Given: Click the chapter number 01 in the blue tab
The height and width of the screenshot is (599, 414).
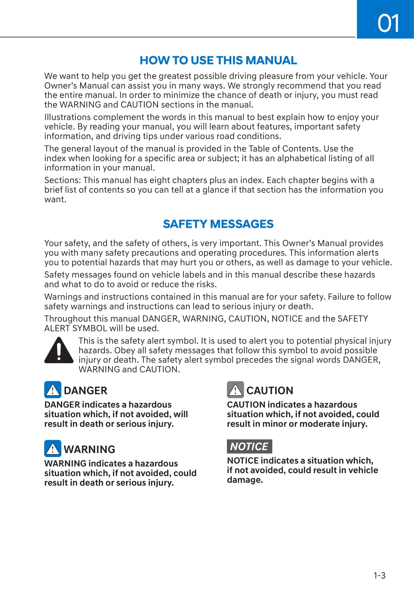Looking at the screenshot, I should click(x=388, y=23).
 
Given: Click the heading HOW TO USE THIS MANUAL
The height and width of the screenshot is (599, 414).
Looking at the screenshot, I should click(x=218, y=60).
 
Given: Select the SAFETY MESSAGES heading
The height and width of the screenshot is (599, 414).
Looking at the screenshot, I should click(x=218, y=224).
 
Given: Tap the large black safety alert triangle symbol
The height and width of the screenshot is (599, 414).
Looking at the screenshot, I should click(x=59, y=350).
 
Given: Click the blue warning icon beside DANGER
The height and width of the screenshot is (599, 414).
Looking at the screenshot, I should click(x=53, y=390).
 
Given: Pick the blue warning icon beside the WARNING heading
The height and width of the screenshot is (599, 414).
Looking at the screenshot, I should click(x=53, y=448).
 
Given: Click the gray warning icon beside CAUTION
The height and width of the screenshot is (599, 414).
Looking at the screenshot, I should click(x=235, y=390).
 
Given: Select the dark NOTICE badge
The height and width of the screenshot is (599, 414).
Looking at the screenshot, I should click(x=249, y=447).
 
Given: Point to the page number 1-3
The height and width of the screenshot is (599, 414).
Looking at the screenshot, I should click(x=379, y=575).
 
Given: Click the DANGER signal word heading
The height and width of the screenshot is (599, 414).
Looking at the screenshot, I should click(x=86, y=390).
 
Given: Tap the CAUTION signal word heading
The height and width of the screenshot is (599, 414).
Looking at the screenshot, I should click(x=270, y=390).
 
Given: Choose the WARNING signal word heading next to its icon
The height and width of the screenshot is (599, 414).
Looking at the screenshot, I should click(x=90, y=449).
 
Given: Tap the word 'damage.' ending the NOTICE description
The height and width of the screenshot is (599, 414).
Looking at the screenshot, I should click(x=245, y=480).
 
